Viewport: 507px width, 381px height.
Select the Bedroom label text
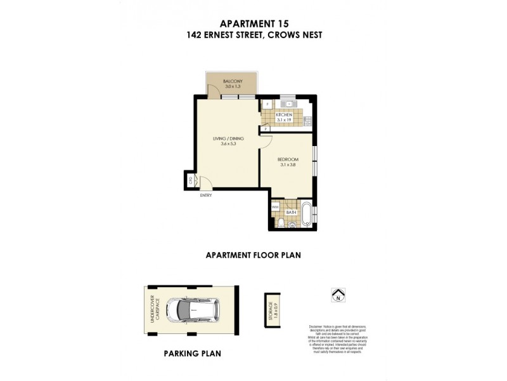(x=288, y=159)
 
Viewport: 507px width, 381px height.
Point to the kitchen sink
(x=289, y=102)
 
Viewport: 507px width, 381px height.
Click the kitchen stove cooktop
(x=307, y=120)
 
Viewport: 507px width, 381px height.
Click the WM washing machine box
(x=275, y=207)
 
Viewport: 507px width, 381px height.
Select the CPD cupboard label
(x=189, y=180)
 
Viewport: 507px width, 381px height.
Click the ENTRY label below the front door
(x=205, y=195)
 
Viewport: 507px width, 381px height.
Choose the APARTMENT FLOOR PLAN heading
(x=253, y=255)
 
